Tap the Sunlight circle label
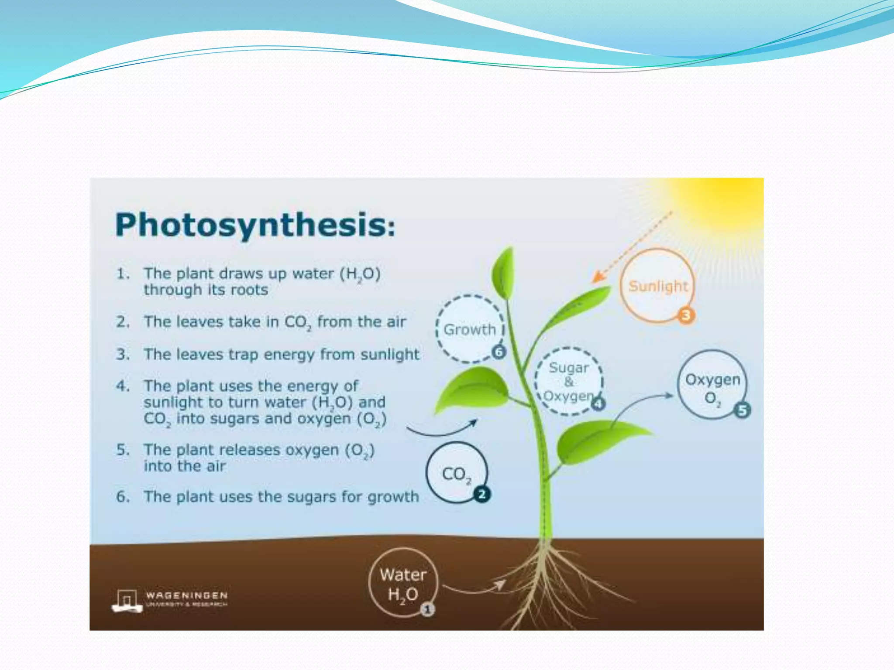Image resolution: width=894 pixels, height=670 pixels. point(657,286)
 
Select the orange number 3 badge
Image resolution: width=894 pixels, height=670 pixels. point(686,315)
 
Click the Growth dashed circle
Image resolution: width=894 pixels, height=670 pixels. point(470,329)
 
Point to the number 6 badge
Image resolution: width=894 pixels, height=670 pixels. point(499,352)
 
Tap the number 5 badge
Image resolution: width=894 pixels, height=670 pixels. point(742,410)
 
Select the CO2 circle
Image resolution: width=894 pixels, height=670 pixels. point(456,473)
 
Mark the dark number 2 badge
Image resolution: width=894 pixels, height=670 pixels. point(482,495)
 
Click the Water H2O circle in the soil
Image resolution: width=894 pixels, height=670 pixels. point(402,583)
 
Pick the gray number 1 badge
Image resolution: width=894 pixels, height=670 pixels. point(428,609)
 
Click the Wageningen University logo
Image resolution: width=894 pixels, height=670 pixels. point(170,600)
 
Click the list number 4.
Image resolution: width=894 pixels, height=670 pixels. point(122,386)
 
